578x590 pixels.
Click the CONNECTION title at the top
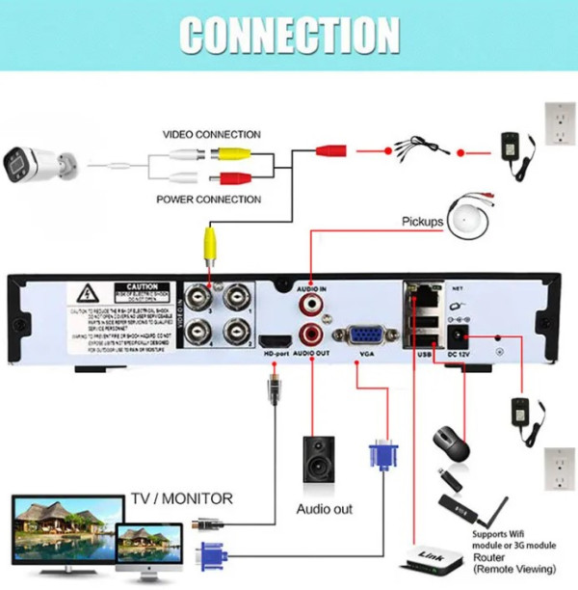pyautogui.click(x=289, y=36)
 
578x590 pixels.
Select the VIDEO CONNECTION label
pyautogui.click(x=211, y=135)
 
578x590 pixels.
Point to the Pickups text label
pyautogui.click(x=422, y=222)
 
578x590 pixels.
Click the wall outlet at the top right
pyautogui.click(x=558, y=126)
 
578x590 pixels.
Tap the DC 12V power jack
pyautogui.click(x=457, y=336)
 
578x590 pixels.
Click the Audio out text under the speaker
pyautogui.click(x=324, y=509)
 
